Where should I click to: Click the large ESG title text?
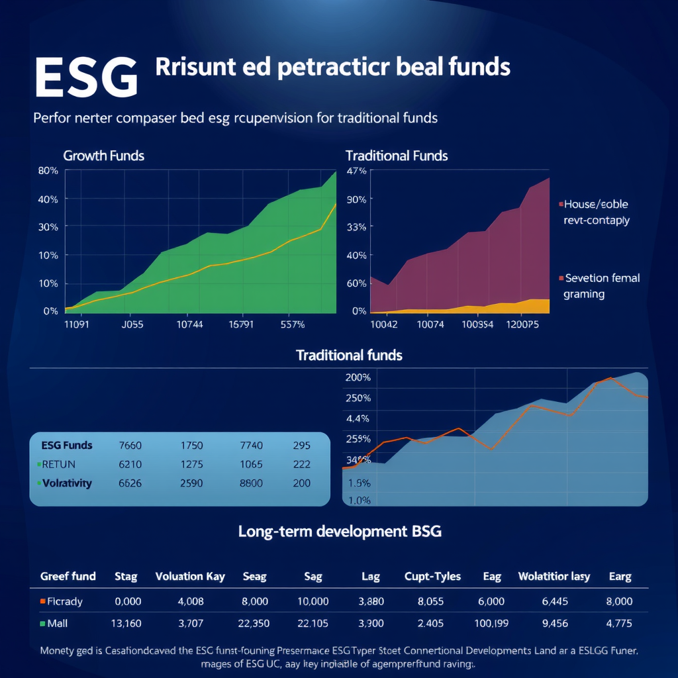coord(86,77)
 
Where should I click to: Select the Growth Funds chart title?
coord(103,156)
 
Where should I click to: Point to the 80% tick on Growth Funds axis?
coord(49,171)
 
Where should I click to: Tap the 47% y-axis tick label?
coord(356,171)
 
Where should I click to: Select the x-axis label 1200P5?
coord(522,324)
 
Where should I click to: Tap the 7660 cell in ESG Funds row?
coord(130,446)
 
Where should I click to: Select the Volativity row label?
coord(66,483)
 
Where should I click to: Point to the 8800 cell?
coord(251,483)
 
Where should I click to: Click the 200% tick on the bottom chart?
coord(358,377)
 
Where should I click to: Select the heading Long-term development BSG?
coord(339,531)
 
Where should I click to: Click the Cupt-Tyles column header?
coord(432,576)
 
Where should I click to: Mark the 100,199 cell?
coord(490,623)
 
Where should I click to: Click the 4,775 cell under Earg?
coord(619,623)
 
